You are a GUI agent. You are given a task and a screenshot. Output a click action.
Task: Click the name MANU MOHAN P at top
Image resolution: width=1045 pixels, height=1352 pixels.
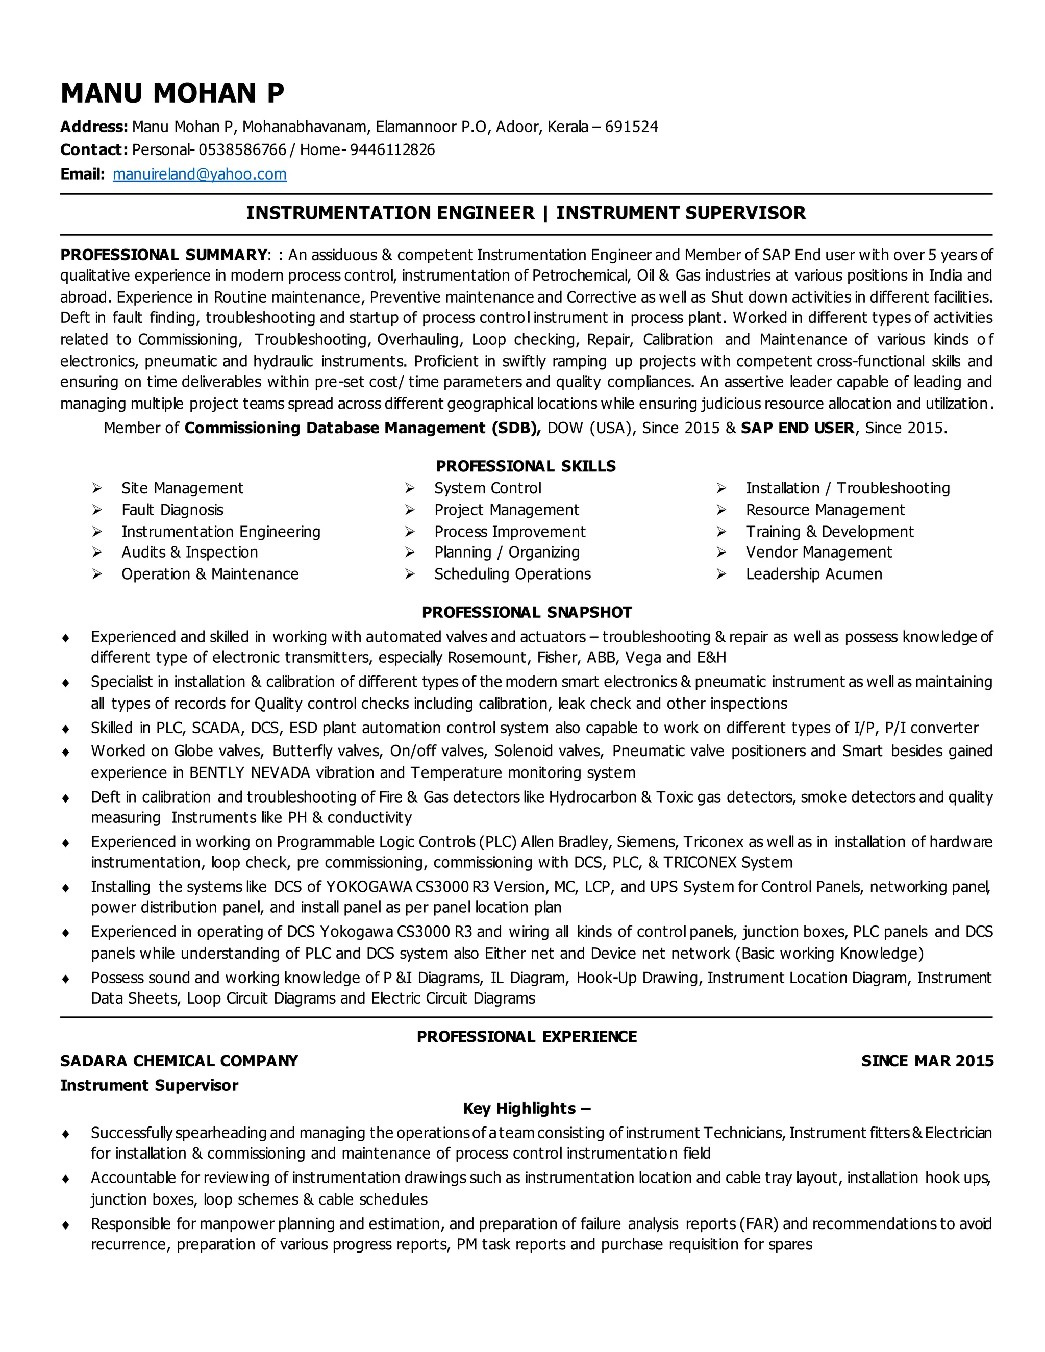pyautogui.click(x=172, y=93)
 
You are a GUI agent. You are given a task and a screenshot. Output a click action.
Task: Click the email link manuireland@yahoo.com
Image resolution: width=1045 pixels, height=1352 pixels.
pyautogui.click(x=200, y=174)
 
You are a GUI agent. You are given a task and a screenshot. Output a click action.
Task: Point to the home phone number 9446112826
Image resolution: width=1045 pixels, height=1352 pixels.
pyautogui.click(x=392, y=150)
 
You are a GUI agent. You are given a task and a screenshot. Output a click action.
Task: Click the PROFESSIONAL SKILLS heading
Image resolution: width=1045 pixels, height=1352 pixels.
pyautogui.click(x=526, y=466)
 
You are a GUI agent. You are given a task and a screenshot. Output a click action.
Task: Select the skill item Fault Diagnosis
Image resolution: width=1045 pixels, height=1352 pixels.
pyautogui.click(x=172, y=510)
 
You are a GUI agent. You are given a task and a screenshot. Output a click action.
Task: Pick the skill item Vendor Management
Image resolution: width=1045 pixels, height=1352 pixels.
pyautogui.click(x=818, y=552)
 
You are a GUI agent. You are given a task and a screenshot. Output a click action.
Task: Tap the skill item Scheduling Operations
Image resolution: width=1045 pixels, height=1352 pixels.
pyautogui.click(x=512, y=574)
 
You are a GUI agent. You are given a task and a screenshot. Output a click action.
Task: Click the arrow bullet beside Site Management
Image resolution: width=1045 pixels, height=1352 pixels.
pyautogui.click(x=97, y=488)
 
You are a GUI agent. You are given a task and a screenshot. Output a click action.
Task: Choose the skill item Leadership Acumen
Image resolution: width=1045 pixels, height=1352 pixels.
pyautogui.click(x=813, y=574)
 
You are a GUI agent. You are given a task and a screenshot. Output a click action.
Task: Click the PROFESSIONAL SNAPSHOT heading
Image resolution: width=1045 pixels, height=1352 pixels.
pyautogui.click(x=526, y=612)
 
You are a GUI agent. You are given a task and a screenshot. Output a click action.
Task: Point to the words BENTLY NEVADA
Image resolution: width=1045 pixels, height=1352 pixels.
pyautogui.click(x=250, y=772)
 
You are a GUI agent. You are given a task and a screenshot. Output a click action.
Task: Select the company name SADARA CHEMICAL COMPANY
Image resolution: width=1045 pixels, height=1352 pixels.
pyautogui.click(x=179, y=1061)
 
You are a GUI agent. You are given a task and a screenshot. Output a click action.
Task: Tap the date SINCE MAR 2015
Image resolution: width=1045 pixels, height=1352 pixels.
pyautogui.click(x=927, y=1061)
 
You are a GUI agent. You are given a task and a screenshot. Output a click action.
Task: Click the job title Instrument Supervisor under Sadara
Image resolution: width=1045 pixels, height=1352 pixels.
pyautogui.click(x=148, y=1085)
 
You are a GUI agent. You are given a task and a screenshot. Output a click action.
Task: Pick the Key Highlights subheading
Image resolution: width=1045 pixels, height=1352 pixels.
pyautogui.click(x=526, y=1108)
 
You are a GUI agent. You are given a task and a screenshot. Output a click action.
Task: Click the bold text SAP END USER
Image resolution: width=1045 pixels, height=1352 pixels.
pyautogui.click(x=798, y=428)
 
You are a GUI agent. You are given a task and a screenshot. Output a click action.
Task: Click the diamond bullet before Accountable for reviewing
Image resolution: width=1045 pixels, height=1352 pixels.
pyautogui.click(x=66, y=1179)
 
